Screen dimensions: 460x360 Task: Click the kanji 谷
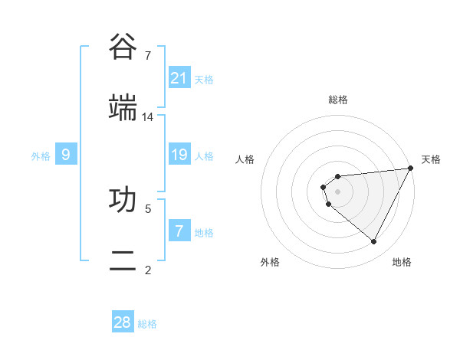(123, 47)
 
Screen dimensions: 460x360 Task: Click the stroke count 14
(148, 117)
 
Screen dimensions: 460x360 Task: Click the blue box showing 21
(179, 77)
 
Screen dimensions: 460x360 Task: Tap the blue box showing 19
(179, 155)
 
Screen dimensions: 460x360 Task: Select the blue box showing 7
(179, 231)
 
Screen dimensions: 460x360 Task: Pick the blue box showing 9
(66, 155)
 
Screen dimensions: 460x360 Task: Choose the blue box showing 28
(123, 322)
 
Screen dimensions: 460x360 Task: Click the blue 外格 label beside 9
(41, 156)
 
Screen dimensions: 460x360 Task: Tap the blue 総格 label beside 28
(147, 324)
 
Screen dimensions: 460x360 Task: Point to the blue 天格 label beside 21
(204, 79)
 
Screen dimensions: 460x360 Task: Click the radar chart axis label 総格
(338, 100)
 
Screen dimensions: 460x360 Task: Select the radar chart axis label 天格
(431, 159)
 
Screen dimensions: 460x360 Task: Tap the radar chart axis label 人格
(245, 159)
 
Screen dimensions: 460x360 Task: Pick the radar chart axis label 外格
(270, 262)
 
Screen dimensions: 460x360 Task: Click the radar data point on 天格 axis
(411, 168)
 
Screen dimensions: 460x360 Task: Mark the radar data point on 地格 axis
(374, 242)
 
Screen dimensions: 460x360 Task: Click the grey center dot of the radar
(338, 191)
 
